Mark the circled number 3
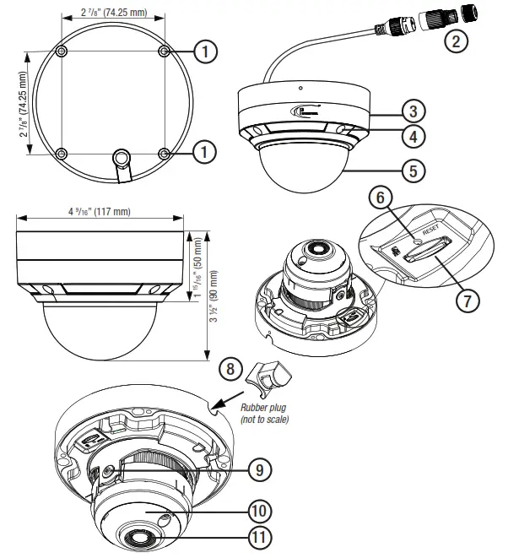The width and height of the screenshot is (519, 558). (412, 111)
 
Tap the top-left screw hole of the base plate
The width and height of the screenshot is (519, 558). (62, 52)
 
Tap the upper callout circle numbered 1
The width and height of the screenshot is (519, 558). (203, 52)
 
